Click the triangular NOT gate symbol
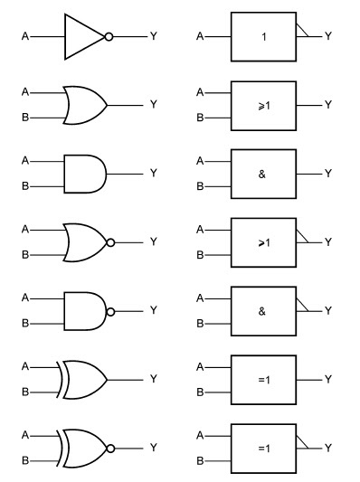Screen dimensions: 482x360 (x=82, y=37)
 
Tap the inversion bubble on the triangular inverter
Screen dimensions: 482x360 (x=109, y=37)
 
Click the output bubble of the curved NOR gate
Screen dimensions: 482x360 (x=110, y=241)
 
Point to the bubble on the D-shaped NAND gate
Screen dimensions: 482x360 (x=110, y=310)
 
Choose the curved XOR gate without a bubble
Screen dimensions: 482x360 (x=84, y=378)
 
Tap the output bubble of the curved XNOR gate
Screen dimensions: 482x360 (x=110, y=447)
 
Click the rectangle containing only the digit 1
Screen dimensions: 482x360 (x=262, y=37)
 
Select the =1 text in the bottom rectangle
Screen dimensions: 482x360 (x=262, y=447)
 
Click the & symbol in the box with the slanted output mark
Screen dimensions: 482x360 (x=262, y=310)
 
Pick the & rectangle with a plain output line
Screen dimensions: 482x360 (x=262, y=173)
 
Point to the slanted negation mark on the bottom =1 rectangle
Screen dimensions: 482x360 (x=304, y=440)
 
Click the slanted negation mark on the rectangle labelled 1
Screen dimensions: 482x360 (x=304, y=31)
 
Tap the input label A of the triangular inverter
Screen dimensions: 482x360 (x=26, y=37)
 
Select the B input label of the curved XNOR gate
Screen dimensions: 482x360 (x=26, y=460)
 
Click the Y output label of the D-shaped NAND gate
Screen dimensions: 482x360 (x=153, y=310)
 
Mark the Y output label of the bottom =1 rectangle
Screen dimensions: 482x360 (x=328, y=447)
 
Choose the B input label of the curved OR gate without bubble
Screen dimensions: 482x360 (x=26, y=118)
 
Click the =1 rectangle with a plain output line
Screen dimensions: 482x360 (x=262, y=378)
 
